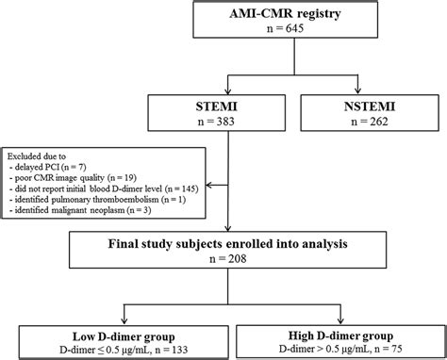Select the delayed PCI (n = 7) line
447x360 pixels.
click(56, 165)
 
